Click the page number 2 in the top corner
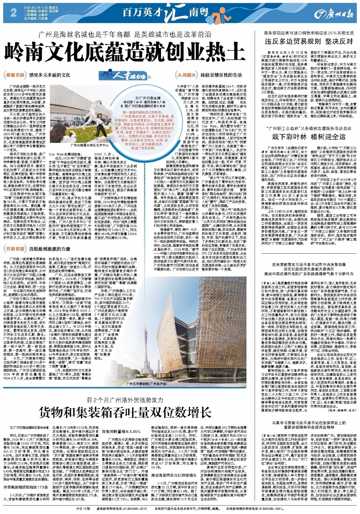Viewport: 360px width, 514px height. click(x=14, y=13)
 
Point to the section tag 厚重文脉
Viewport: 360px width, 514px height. click(x=15, y=75)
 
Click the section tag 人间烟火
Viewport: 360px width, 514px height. click(x=187, y=75)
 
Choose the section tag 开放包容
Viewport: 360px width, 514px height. click(x=15, y=249)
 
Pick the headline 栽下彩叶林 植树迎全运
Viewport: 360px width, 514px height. click(x=309, y=137)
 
